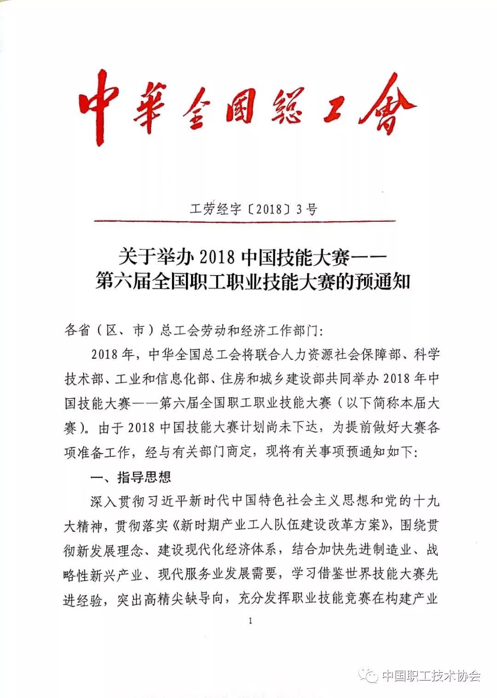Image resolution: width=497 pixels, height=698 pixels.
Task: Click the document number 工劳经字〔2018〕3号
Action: point(254,209)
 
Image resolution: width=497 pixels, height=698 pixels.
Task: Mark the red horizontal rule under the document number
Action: point(244,221)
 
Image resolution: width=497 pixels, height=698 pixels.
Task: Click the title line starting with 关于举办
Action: point(253,257)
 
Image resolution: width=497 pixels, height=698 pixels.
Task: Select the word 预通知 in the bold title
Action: point(381,281)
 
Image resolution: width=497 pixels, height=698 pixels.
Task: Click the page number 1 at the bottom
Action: point(250,621)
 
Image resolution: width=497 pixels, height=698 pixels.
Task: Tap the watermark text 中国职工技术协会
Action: point(431,676)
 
